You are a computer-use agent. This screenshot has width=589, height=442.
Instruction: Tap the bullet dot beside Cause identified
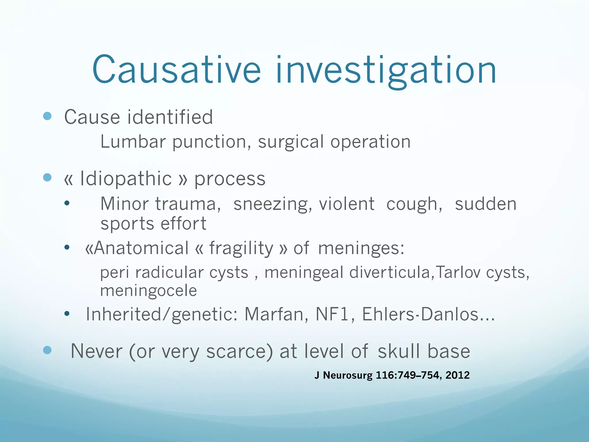pos(47,116)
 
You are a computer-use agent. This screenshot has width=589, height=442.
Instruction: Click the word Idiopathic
pos(126,179)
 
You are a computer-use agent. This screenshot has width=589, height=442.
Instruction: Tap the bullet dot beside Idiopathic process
pos(47,177)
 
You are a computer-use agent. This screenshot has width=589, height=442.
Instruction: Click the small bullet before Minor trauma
pos(67,203)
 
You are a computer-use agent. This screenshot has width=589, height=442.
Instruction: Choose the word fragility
pos(241,248)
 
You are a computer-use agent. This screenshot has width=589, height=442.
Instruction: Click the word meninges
pos(361,248)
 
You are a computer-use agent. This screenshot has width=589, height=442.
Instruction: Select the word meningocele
pos(148,291)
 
